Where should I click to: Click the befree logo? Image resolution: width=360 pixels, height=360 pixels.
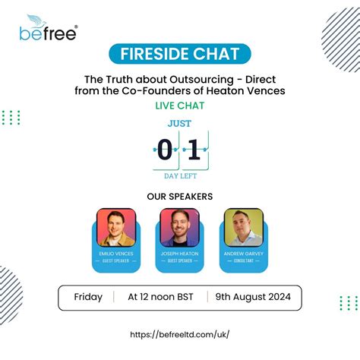49,30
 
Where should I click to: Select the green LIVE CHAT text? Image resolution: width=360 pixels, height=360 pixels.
179,106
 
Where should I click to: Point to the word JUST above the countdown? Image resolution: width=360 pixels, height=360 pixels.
179,122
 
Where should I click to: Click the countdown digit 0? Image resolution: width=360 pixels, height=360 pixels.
165,150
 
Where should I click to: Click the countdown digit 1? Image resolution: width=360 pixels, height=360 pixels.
194,150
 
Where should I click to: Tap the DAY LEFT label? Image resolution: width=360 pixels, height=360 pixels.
179,175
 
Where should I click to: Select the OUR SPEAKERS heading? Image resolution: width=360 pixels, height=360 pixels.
179,197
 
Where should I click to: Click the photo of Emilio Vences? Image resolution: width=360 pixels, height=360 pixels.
116,227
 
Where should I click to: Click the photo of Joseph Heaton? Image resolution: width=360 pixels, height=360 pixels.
179,227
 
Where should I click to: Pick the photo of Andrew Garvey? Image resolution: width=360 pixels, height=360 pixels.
243,227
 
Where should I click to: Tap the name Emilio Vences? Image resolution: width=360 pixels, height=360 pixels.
116,254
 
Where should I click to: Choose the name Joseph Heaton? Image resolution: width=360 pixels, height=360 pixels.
179,254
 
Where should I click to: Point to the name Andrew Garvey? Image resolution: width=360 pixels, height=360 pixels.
243,254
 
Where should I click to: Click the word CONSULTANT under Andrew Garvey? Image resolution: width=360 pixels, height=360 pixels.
243,261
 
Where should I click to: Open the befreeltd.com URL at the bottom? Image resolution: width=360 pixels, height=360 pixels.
179,334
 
